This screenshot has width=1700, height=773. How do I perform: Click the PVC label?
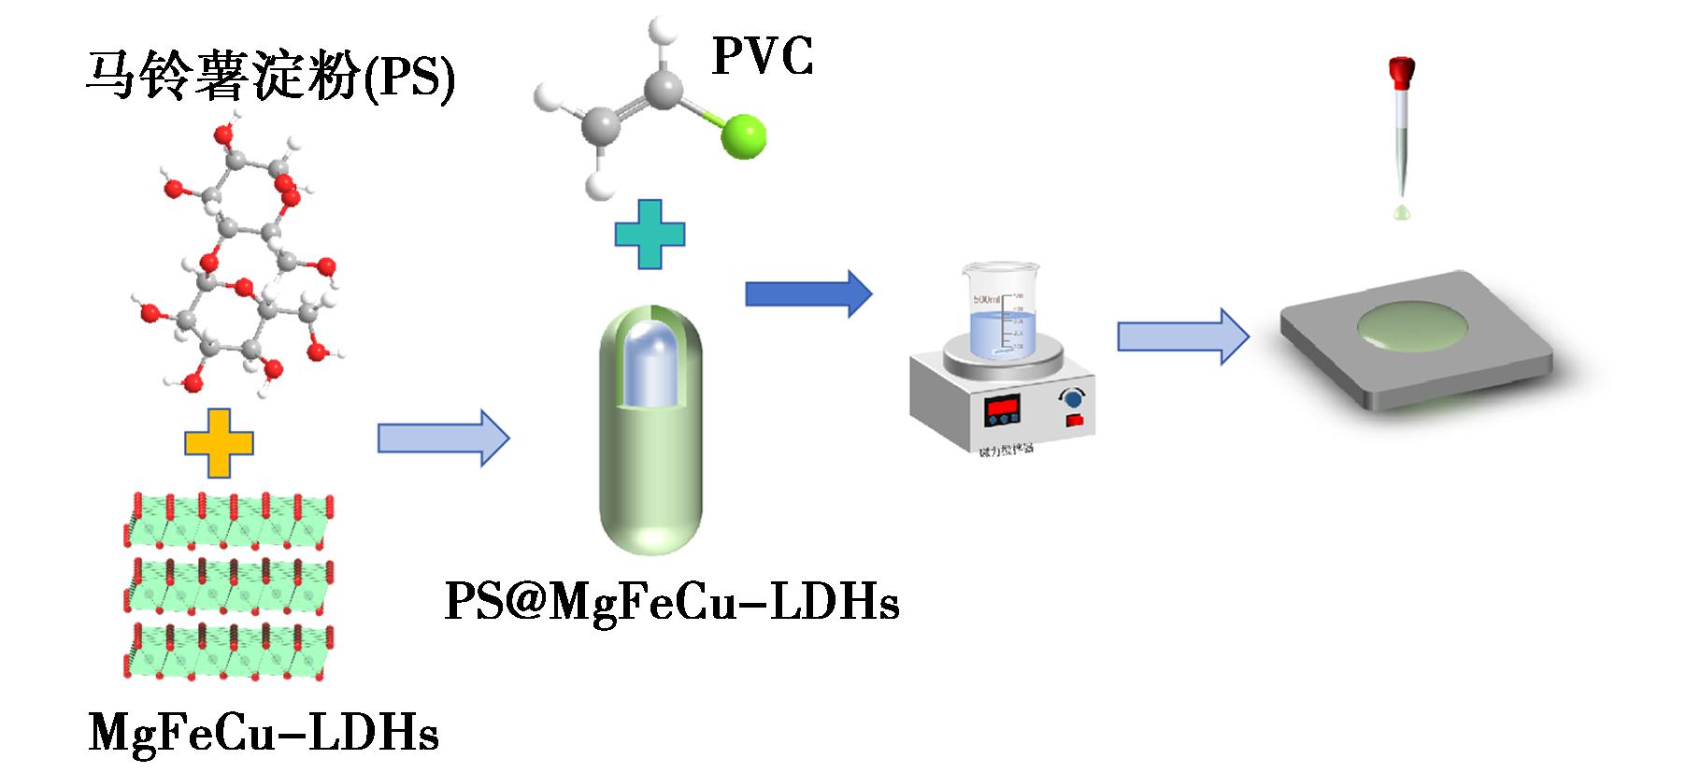(x=762, y=56)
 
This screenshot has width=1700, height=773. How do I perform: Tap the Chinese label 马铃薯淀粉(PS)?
(x=271, y=76)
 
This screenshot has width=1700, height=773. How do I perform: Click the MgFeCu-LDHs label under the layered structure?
(x=264, y=733)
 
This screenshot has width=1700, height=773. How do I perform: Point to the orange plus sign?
(x=219, y=443)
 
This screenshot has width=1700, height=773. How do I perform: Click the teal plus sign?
(x=650, y=234)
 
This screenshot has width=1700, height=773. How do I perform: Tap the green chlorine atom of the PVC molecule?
(x=744, y=136)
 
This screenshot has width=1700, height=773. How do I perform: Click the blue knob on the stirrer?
(x=1073, y=399)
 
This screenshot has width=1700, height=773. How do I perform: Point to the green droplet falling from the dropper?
(x=1401, y=213)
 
